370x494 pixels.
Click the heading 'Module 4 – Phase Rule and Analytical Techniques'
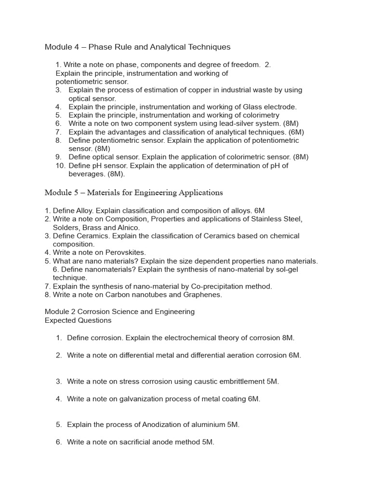137,47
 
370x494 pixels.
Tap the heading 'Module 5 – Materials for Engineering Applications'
133,192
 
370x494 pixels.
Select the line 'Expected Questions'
78,320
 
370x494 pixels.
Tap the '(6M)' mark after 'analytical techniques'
294,132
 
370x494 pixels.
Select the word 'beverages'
85,174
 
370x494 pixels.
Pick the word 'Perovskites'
126,252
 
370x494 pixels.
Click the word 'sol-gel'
286,269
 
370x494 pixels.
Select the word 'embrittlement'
242,381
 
